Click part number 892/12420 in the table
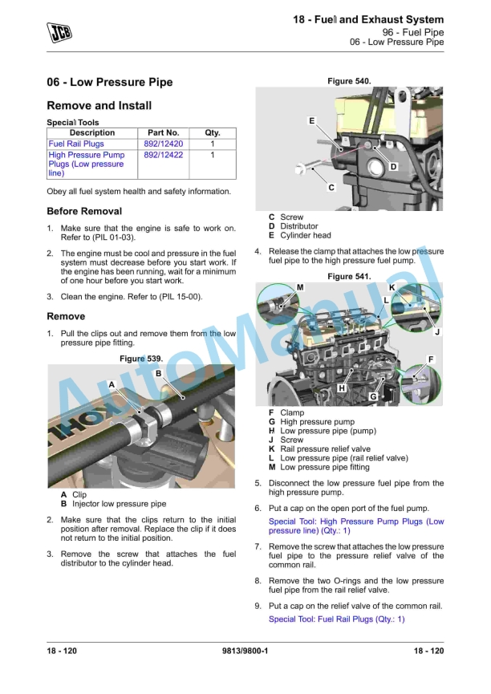click(163, 144)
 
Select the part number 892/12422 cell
click(163, 156)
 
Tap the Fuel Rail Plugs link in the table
click(76, 144)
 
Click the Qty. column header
click(212, 133)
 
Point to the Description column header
click(92, 133)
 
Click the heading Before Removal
click(84, 212)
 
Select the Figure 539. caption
click(140, 358)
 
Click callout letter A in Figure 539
click(112, 385)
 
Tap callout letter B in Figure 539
click(158, 373)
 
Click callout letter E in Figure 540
click(311, 120)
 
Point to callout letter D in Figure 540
click(393, 167)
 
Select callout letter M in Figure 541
click(299, 287)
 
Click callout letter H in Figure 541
click(341, 388)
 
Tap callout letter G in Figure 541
click(373, 397)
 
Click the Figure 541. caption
click(349, 277)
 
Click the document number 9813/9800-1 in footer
click(245, 651)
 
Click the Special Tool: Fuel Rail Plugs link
click(336, 619)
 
